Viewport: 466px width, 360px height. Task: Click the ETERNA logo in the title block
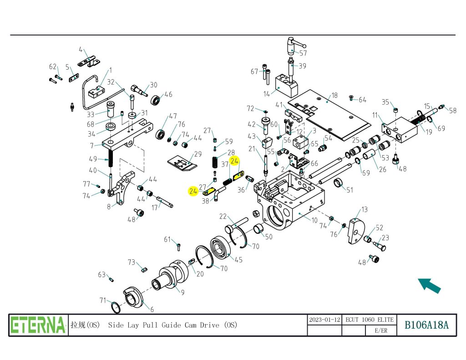[x=38, y=325]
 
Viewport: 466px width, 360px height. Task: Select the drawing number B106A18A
[x=427, y=325]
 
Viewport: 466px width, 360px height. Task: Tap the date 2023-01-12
[x=324, y=319]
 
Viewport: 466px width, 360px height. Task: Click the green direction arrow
[x=429, y=285]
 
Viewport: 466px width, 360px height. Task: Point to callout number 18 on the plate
[x=334, y=96]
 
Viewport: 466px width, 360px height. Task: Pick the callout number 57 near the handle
[x=303, y=53]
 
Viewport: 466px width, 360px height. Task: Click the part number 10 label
[x=314, y=221]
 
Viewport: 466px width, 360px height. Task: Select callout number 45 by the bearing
[x=238, y=260]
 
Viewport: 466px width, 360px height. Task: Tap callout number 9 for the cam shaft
[x=182, y=293]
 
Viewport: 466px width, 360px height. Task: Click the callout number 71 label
[x=103, y=300]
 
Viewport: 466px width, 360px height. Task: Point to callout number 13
[x=365, y=209]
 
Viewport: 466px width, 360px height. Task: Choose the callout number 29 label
[x=198, y=154]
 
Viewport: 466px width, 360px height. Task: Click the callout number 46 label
[x=168, y=95]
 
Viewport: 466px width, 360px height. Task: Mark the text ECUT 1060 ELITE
[x=369, y=319]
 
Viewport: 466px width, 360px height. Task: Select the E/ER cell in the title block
[x=381, y=331]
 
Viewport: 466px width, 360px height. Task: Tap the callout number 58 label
[x=452, y=111]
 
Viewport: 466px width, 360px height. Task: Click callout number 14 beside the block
[x=267, y=94]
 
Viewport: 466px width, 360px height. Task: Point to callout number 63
[x=102, y=274]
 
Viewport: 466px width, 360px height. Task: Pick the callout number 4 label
[x=81, y=50]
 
